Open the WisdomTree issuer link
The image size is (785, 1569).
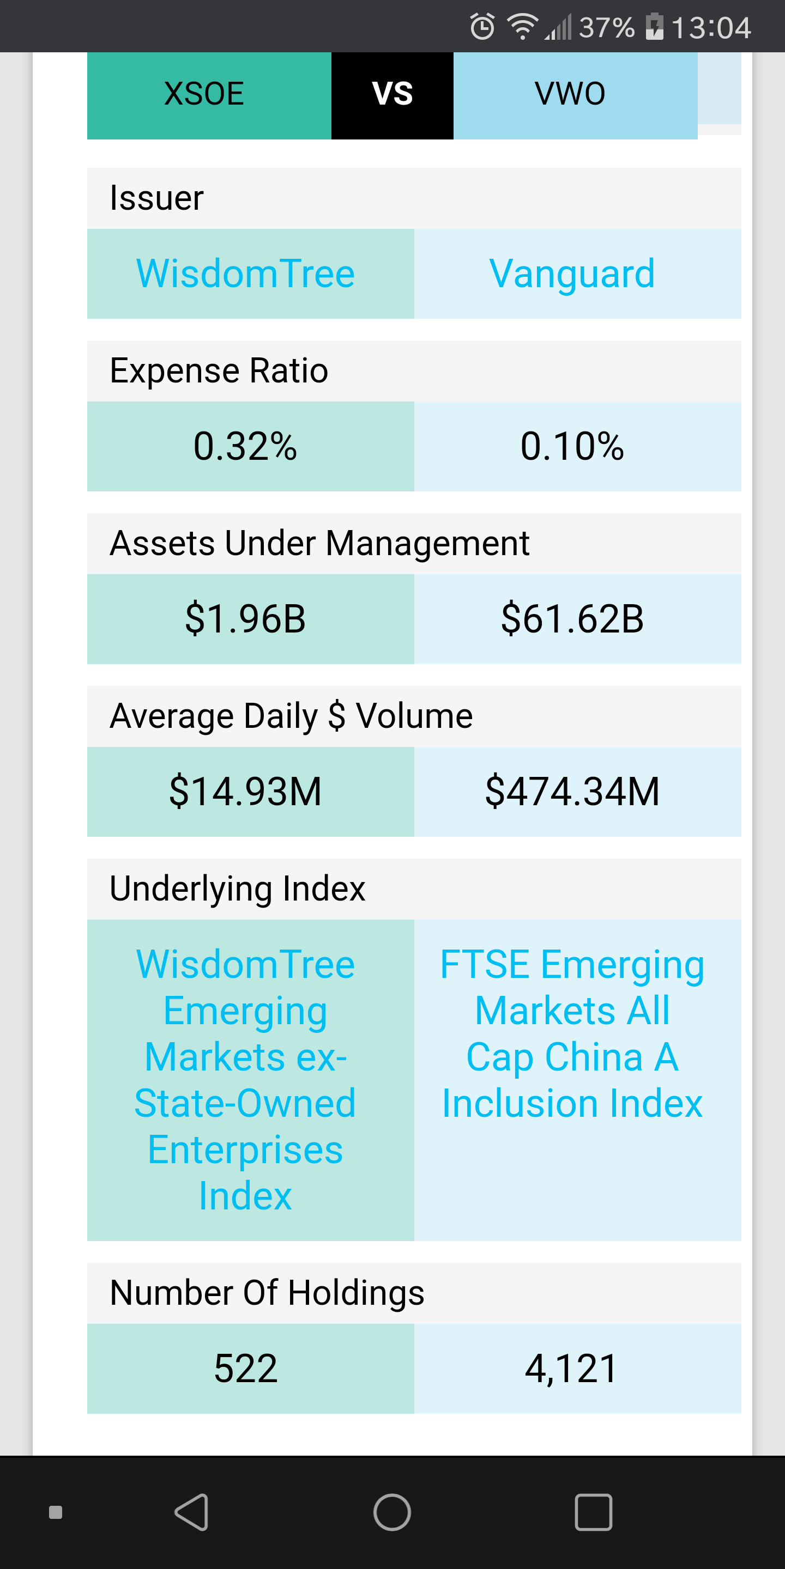245,273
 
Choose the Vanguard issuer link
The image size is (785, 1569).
572,273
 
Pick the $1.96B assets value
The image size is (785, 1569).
245,619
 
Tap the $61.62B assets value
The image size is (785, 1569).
572,619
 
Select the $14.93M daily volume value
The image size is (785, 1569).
245,792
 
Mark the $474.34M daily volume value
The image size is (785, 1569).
572,792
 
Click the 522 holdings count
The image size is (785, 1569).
245,1369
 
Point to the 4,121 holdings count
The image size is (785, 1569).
572,1369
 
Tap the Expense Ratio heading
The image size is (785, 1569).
219,371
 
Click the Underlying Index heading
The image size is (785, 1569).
238,889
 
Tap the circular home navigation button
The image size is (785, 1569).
392,1512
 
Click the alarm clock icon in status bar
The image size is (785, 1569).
482,26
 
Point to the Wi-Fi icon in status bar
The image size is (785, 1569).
522,27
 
